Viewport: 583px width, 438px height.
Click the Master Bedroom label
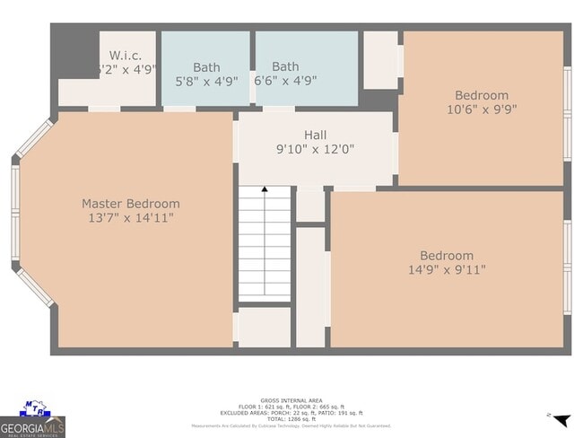coord(130,204)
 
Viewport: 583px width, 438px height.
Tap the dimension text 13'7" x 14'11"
coord(130,218)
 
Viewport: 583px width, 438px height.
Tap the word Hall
coord(315,135)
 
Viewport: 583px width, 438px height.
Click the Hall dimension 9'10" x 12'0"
coord(315,150)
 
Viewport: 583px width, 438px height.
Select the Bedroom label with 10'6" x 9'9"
coord(481,95)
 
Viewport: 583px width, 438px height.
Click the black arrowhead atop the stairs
coord(265,189)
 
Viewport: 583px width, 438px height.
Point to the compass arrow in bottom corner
coord(561,419)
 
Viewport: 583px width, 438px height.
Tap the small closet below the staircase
coord(265,328)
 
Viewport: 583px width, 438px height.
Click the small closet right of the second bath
coord(380,59)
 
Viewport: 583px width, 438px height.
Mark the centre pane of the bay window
coord(15,216)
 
